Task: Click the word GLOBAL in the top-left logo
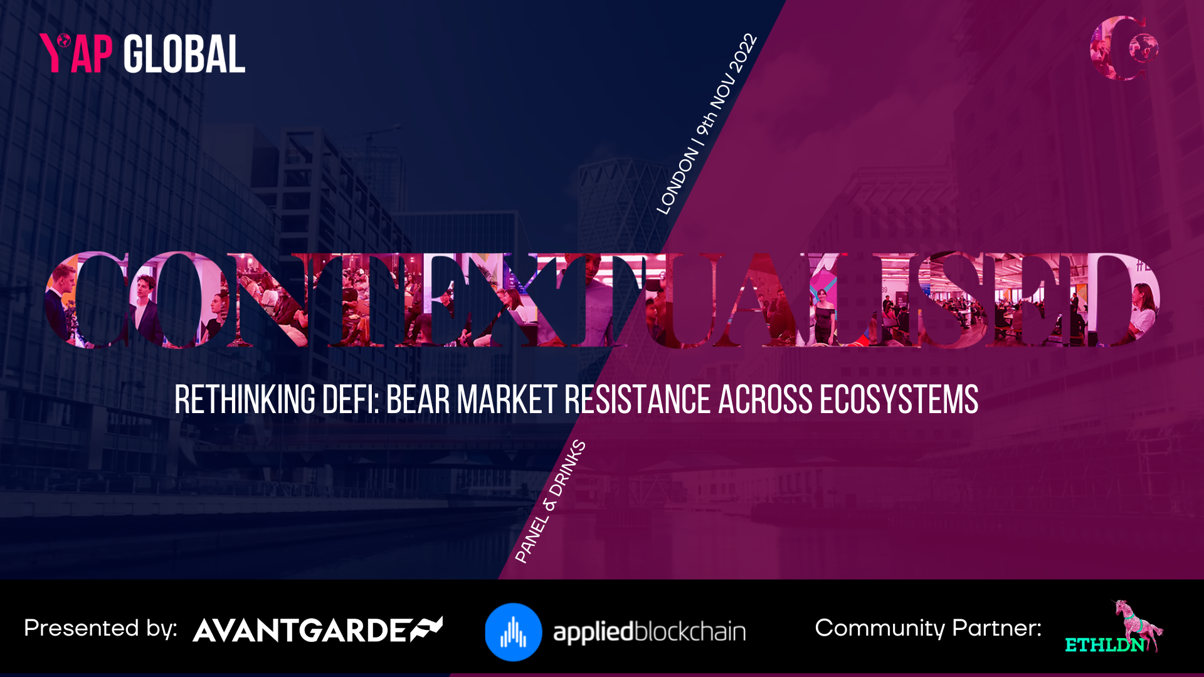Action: pos(184,55)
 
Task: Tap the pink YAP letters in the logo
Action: pos(76,53)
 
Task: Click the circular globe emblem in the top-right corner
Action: pos(1124,48)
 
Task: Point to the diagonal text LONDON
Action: pos(677,181)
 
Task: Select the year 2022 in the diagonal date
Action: pos(744,52)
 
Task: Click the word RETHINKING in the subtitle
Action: pos(245,400)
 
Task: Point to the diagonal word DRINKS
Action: pos(568,468)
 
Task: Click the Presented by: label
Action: pos(100,629)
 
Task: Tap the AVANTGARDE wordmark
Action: pos(317,630)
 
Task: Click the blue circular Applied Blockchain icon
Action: pos(513,632)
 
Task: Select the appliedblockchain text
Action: pos(649,632)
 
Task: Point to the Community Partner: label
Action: pos(928,628)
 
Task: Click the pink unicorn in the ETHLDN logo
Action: pos(1136,624)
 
